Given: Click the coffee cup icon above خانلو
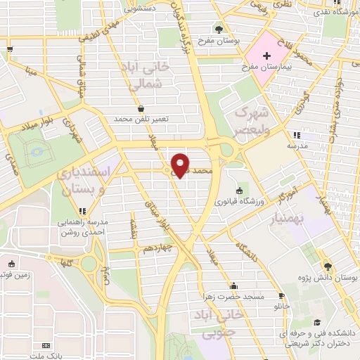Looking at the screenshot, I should tap(282, 297).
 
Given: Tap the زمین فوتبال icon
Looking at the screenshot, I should tap(11, 264).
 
